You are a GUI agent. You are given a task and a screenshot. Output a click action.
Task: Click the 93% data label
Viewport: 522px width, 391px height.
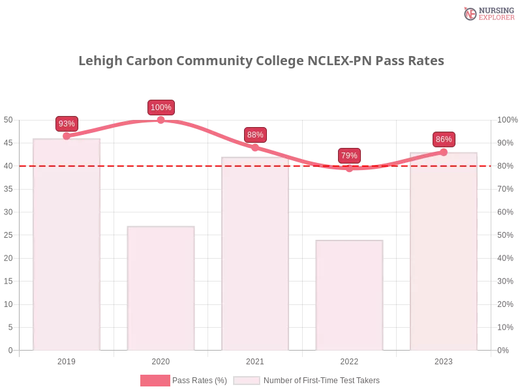pos(67,124)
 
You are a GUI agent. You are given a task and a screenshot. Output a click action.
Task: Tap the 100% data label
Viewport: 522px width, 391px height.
pos(161,108)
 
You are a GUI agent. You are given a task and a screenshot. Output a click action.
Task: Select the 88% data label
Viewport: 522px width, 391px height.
pos(255,135)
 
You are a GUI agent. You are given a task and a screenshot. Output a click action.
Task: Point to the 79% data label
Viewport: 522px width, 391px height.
pos(349,156)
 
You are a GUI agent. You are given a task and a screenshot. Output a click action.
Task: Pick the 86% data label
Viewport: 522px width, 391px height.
pos(444,139)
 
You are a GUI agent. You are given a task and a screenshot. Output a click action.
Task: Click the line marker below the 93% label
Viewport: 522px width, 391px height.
pos(67,136)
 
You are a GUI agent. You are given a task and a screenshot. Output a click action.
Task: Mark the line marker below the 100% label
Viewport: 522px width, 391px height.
pos(161,120)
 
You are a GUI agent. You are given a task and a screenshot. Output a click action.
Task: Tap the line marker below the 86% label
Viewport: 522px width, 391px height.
pos(444,152)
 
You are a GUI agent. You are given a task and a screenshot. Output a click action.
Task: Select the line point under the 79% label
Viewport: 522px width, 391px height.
pos(349,168)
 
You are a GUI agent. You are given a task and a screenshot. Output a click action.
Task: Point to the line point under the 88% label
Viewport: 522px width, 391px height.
pos(255,148)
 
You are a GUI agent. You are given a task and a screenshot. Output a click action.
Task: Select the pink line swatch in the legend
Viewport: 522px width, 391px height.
pos(155,381)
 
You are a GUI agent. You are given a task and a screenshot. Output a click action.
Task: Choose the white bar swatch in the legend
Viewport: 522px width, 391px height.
pos(247,381)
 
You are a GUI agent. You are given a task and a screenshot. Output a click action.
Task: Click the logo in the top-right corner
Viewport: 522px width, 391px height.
pos(487,13)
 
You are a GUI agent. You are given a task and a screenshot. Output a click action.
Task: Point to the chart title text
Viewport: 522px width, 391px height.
pos(263,61)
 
